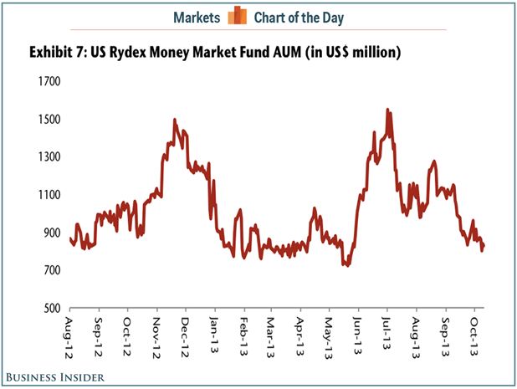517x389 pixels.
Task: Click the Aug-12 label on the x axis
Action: click(70, 333)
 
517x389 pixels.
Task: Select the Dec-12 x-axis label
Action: click(185, 333)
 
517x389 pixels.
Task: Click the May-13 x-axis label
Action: click(328, 333)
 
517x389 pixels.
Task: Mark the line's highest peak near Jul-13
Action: click(387, 110)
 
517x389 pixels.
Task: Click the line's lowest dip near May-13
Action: click(346, 264)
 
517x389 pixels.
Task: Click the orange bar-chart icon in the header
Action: click(240, 16)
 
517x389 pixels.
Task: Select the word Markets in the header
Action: click(197, 17)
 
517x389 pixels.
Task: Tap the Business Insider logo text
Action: click(56, 378)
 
